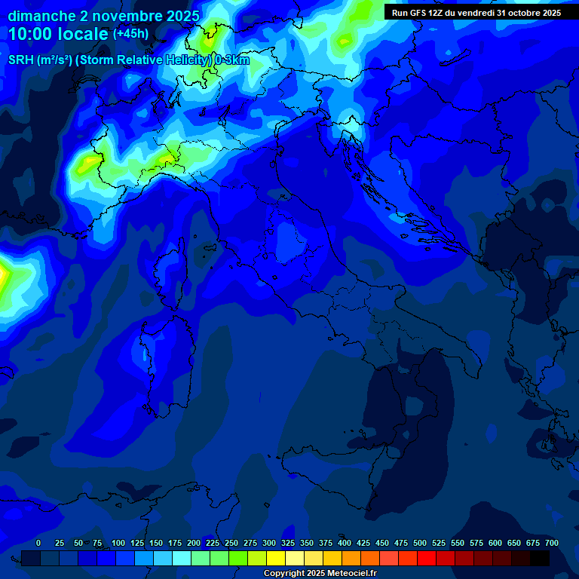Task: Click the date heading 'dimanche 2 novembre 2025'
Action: [103, 16]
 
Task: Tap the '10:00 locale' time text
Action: [58, 34]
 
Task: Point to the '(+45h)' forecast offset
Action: [130, 34]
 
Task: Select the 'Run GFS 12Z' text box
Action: [476, 13]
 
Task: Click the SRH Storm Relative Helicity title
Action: [128, 60]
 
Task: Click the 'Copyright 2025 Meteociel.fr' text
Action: [320, 574]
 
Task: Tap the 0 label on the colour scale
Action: [38, 543]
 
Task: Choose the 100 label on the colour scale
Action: [118, 543]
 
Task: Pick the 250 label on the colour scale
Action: [231, 543]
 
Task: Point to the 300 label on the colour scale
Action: [269, 543]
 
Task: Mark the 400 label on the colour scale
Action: [345, 543]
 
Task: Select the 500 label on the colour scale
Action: [420, 543]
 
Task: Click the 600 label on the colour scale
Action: [495, 543]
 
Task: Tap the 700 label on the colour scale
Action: [551, 543]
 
